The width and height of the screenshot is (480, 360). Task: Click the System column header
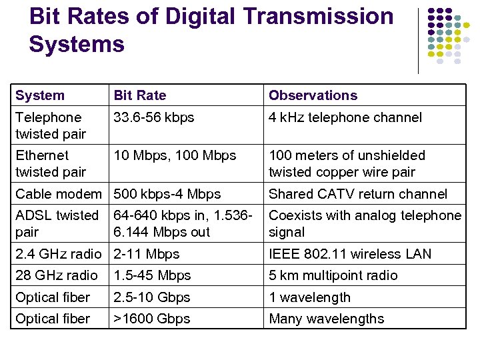[40, 95]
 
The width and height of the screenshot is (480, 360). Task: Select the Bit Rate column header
[140, 95]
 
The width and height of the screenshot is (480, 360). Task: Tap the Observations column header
[313, 95]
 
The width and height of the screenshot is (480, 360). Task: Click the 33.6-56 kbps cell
[154, 118]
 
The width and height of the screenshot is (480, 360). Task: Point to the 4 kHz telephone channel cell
[345, 118]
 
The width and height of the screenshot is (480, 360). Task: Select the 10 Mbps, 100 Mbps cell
[175, 155]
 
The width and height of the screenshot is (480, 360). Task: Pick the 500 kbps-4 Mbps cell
[167, 194]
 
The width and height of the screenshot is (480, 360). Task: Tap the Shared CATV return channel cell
[358, 194]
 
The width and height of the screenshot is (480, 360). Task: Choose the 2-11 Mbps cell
[147, 254]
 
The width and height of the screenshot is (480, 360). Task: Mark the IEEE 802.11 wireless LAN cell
[350, 254]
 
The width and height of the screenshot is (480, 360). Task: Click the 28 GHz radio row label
[57, 275]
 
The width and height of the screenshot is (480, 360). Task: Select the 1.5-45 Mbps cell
[152, 275]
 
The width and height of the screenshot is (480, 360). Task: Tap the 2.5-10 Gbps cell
[152, 297]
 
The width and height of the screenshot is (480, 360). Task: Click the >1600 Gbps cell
[152, 319]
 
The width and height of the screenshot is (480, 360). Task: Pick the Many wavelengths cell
[326, 319]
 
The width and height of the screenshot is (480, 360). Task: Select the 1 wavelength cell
[309, 297]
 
